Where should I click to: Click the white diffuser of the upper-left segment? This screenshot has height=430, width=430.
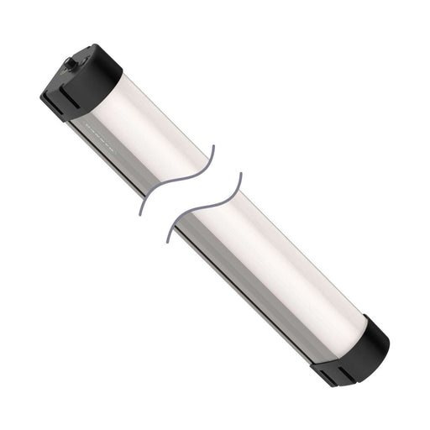pyautogui.click(x=160, y=118)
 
